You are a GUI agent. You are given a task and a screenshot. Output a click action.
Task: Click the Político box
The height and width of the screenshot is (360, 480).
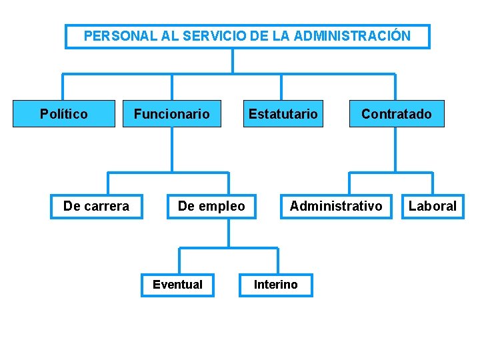pos(64,114)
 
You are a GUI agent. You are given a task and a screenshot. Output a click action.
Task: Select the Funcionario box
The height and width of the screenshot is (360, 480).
pos(172,114)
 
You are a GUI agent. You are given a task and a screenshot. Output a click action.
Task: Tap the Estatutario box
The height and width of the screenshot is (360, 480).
pos(283,114)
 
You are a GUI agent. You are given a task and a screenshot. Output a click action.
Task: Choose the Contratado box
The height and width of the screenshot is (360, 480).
pos(397,114)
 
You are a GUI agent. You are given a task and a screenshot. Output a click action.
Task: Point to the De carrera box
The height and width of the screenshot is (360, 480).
pos(97,206)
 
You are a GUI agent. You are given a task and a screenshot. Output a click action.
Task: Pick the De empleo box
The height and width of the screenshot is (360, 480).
pos(211,206)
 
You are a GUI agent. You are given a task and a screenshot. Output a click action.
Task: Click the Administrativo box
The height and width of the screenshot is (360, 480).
pos(336,206)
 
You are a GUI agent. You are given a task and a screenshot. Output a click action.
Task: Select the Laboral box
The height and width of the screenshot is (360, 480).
pos(433,206)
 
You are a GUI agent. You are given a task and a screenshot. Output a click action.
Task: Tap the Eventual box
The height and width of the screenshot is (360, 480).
pos(177,285)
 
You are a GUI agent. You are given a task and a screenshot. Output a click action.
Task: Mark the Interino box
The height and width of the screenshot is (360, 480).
pos(276,285)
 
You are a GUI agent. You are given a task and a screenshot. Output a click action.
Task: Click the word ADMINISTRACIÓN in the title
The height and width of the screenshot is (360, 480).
pos(352,36)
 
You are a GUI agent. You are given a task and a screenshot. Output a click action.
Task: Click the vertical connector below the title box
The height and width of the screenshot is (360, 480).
pos(232,61)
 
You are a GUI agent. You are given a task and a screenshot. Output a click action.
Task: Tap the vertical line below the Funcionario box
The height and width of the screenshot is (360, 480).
pos(172,150)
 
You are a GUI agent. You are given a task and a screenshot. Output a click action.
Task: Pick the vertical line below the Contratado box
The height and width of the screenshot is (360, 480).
pos(395,150)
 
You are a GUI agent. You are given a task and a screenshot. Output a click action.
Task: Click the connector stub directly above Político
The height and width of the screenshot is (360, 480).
pos(63,87)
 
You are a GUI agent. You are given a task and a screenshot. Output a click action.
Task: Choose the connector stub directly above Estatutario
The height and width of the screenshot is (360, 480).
pos(281,87)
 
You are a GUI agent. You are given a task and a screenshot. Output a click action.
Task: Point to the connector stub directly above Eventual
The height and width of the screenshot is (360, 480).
pos(179,261)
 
